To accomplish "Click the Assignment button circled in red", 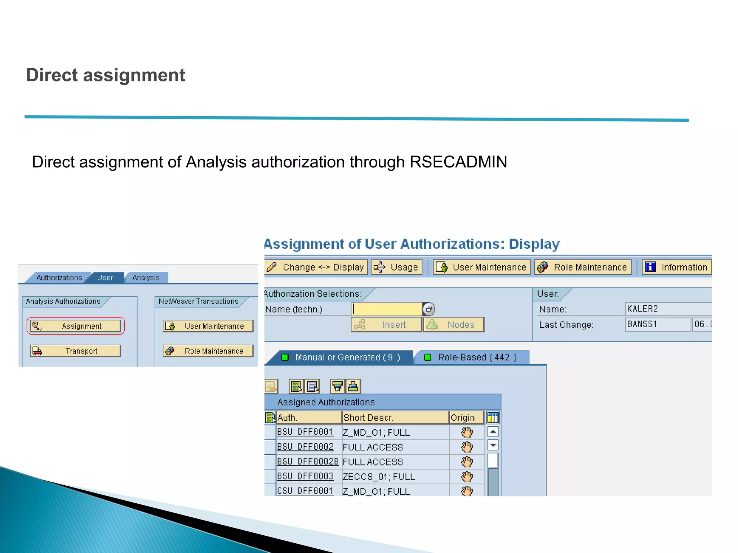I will tap(76, 326).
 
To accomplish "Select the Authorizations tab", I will tap(59, 278).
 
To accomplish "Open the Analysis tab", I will tap(146, 278).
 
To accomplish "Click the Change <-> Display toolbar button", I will tap(316, 267).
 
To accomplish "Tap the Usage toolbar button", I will tap(396, 267).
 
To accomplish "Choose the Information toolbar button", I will tap(676, 267).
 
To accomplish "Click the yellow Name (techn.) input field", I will tap(387, 309).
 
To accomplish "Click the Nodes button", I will tap(454, 325).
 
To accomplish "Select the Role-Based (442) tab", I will tap(472, 357).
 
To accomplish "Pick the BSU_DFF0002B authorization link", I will tap(308, 462).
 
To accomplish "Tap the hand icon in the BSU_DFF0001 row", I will tap(467, 432).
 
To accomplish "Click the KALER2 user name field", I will tap(667, 309).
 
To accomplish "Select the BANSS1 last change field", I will tap(657, 324).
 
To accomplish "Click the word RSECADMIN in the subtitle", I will tap(458, 162).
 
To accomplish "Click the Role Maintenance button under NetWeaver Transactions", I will tap(208, 351).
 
